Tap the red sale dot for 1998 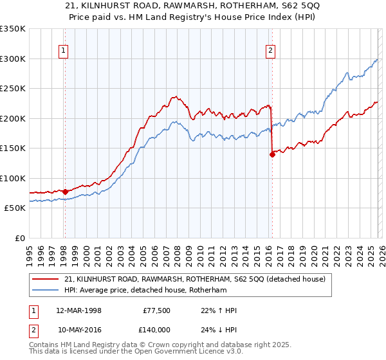coord(65,191)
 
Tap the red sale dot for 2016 coord(272,154)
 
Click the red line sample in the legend coord(46,279)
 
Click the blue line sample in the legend coord(46,290)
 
